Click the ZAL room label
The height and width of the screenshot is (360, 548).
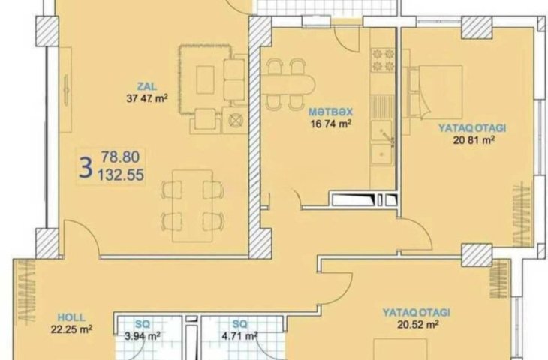(147, 86)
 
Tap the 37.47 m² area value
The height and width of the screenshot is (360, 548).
(147, 98)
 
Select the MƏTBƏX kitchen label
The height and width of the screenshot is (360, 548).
(330, 112)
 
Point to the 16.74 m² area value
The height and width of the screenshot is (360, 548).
(330, 124)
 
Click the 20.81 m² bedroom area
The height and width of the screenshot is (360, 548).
(474, 140)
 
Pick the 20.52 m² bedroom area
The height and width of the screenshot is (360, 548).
(418, 325)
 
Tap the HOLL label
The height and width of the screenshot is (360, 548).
(71, 317)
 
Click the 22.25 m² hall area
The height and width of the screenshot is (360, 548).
(71, 329)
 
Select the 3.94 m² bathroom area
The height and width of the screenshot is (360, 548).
(143, 336)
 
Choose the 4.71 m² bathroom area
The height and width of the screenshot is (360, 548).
(239, 336)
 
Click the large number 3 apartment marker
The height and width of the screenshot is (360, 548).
(86, 167)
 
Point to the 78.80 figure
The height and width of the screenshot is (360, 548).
(121, 157)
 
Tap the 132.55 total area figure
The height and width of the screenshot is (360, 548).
(121, 175)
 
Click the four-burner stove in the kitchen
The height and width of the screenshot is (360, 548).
(383, 60)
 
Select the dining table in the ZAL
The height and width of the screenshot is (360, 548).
(193, 205)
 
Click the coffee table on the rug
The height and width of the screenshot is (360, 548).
(205, 80)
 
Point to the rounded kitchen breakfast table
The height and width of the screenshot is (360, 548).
(288, 84)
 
